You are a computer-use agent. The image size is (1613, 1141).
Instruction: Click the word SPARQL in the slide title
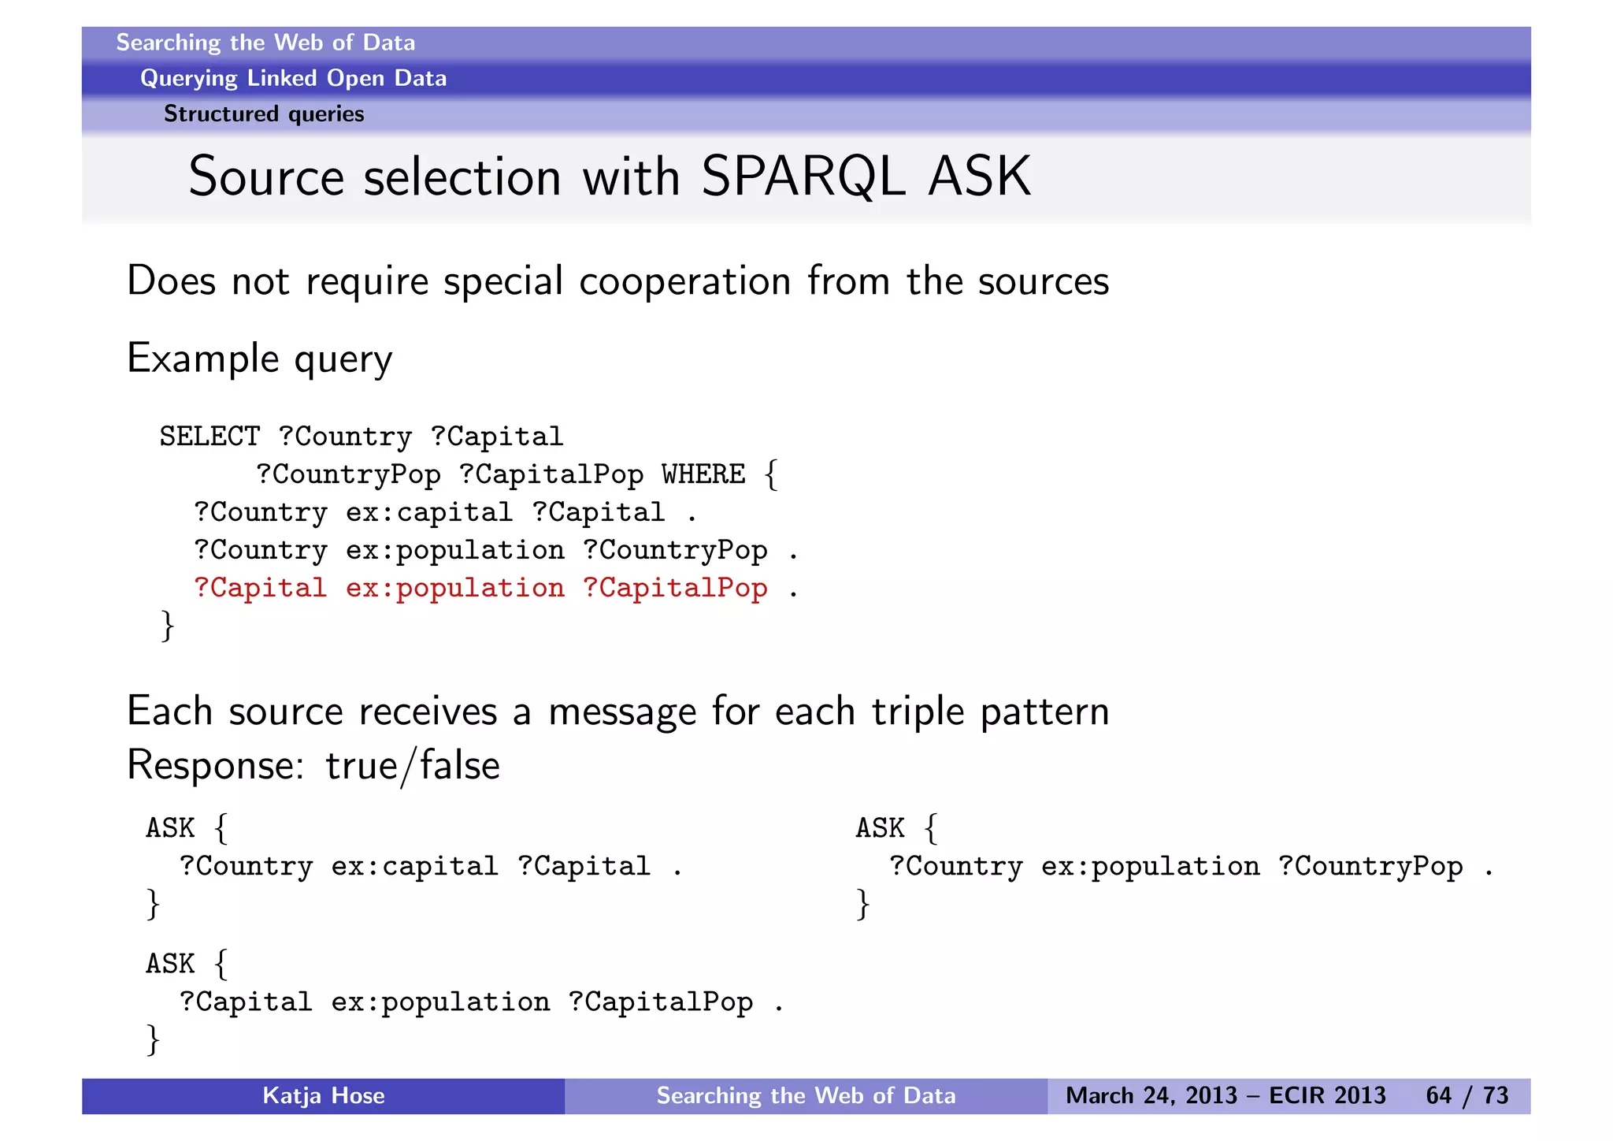click(x=803, y=177)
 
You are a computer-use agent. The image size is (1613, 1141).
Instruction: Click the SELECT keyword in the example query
click(x=210, y=437)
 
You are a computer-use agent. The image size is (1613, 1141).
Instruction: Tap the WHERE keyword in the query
click(x=703, y=474)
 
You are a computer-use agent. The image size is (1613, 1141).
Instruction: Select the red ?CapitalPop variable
click(x=675, y=589)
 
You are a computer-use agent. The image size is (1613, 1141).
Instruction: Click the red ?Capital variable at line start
click(x=260, y=589)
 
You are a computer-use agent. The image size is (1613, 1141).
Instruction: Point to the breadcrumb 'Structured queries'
click(x=264, y=114)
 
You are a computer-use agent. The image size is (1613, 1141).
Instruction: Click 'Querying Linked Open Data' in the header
click(x=293, y=78)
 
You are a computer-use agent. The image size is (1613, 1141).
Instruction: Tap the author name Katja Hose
click(x=323, y=1095)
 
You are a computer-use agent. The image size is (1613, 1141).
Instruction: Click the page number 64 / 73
click(x=1467, y=1095)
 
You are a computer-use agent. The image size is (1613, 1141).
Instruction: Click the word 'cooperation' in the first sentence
click(x=684, y=281)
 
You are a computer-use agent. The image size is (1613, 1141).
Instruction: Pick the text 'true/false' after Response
click(x=413, y=766)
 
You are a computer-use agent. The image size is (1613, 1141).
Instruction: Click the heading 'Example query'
click(x=259, y=359)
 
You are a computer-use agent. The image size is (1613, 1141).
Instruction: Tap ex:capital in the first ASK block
click(x=414, y=867)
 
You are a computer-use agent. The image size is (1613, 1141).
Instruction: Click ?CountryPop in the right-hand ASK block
click(x=1370, y=867)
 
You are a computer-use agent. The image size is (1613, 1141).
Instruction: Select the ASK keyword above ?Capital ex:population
click(x=170, y=964)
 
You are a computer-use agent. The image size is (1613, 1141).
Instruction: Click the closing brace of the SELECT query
click(x=167, y=626)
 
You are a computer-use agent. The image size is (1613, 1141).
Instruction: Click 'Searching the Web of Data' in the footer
click(x=806, y=1095)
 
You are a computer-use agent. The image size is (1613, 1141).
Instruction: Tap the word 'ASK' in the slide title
click(x=979, y=177)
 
